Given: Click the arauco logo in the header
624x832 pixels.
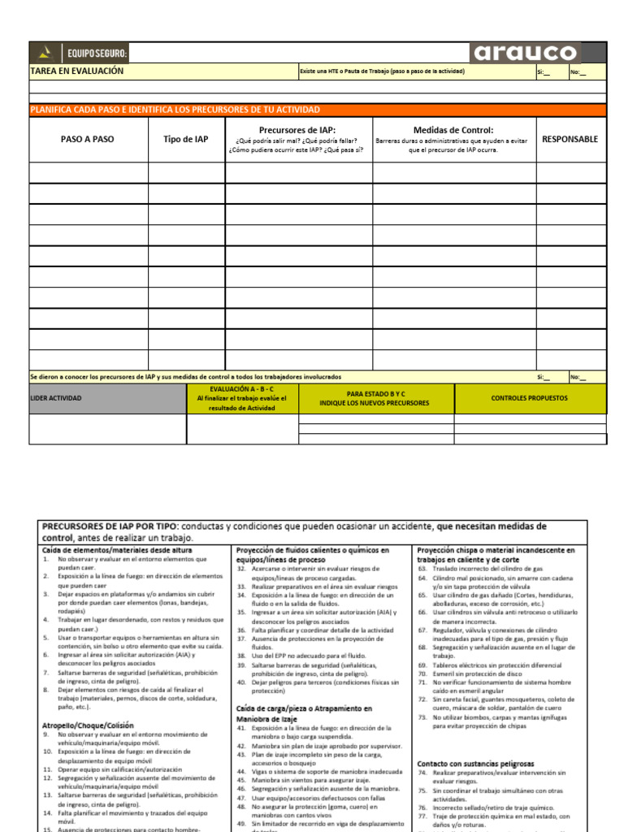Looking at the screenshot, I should click(525, 54).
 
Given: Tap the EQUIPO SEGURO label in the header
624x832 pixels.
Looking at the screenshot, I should click(97, 54).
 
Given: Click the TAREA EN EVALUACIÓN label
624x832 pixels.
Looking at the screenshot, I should click(77, 71).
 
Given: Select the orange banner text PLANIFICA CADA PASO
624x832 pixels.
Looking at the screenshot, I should click(175, 110).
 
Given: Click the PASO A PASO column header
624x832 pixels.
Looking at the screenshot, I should click(88, 139).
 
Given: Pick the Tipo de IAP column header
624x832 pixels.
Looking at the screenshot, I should click(185, 139).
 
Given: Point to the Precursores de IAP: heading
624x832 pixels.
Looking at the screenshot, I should click(297, 130).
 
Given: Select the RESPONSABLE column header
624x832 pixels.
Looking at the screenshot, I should click(570, 139).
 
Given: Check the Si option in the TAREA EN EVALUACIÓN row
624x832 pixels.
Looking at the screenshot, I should click(543, 72).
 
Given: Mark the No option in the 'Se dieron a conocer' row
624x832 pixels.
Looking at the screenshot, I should click(577, 377).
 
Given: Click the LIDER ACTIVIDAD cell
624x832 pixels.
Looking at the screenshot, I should click(56, 398).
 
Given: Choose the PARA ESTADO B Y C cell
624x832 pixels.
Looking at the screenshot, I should click(376, 393).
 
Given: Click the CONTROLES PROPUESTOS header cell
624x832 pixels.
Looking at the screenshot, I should click(529, 398).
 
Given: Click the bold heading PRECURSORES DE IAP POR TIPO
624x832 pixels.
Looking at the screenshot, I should click(111, 526).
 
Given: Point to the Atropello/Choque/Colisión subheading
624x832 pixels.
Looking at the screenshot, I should click(88, 725).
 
